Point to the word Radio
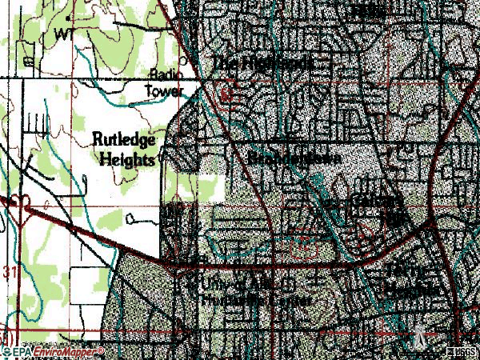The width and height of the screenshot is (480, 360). tap(166, 74)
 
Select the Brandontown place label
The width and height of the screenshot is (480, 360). tap(294, 158)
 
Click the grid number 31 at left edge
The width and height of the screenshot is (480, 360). tap(9, 274)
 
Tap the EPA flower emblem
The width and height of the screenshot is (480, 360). tap(6, 350)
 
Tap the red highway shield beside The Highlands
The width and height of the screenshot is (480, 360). tap(228, 94)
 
